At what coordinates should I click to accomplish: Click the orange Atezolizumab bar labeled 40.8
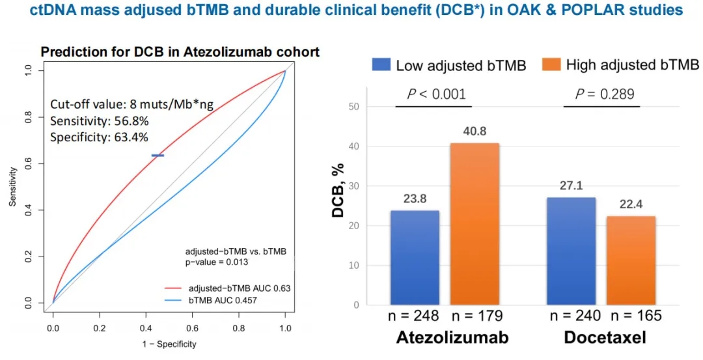475,223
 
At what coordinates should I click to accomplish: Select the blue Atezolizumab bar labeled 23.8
415,257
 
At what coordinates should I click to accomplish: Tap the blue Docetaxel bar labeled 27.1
571,251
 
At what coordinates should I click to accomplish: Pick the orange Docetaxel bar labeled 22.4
631,260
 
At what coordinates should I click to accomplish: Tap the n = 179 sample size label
477,317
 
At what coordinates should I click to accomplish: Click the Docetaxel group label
604,338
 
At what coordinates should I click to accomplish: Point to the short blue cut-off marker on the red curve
158,156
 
